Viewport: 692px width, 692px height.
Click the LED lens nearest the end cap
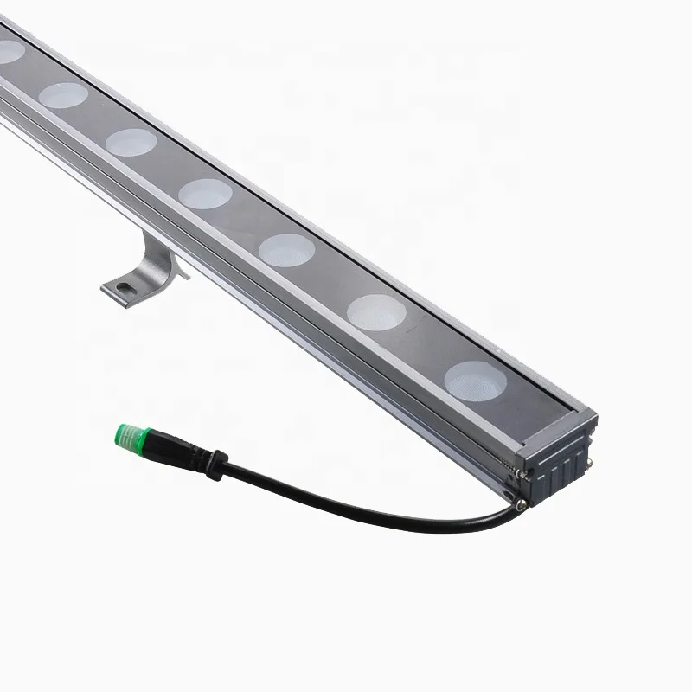pyautogui.click(x=474, y=380)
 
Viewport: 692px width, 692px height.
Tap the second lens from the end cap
pyautogui.click(x=377, y=311)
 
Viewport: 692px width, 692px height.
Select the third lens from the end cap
pyautogui.click(x=286, y=249)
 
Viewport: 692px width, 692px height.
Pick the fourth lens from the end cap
pyautogui.click(x=206, y=193)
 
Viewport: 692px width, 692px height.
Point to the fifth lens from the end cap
pyautogui.click(x=131, y=141)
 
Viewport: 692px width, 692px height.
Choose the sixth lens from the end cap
pyautogui.click(x=63, y=95)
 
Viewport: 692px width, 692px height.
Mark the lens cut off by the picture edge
pyautogui.click(x=9, y=51)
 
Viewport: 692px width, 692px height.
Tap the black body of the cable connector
pyautogui.click(x=177, y=449)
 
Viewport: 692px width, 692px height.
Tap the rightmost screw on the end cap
pyautogui.click(x=590, y=463)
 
